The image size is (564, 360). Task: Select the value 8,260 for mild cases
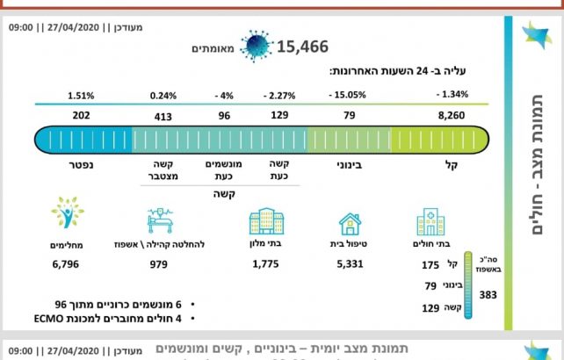452,114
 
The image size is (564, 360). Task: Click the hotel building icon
266,221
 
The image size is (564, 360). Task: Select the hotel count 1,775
265,263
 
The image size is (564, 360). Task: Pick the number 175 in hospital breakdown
430,264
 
